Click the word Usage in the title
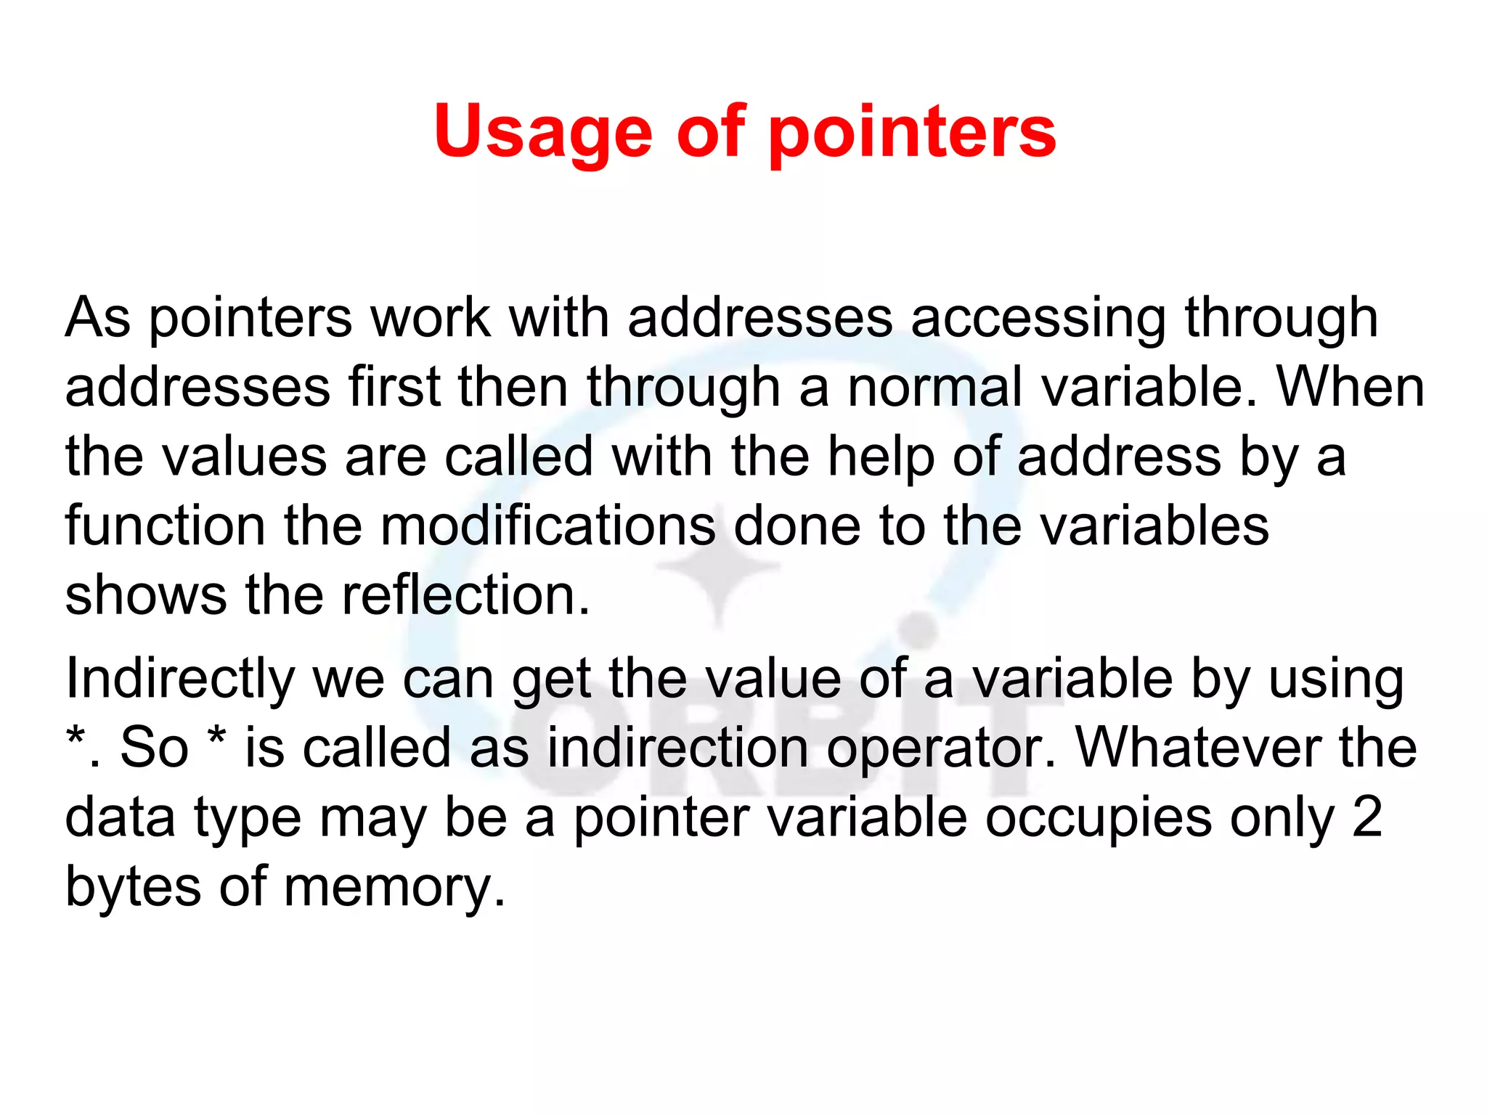(543, 132)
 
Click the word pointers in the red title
(912, 132)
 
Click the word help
(881, 457)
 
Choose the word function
(165, 526)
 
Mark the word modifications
(547, 526)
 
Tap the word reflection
(465, 595)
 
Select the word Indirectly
(179, 679)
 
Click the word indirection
(677, 748)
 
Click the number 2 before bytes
(1366, 817)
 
